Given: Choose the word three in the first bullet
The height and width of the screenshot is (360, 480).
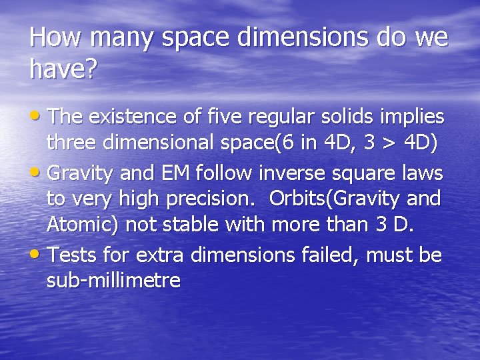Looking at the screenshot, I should (x=71, y=143).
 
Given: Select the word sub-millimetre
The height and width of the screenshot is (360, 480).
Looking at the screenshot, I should (x=113, y=281).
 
